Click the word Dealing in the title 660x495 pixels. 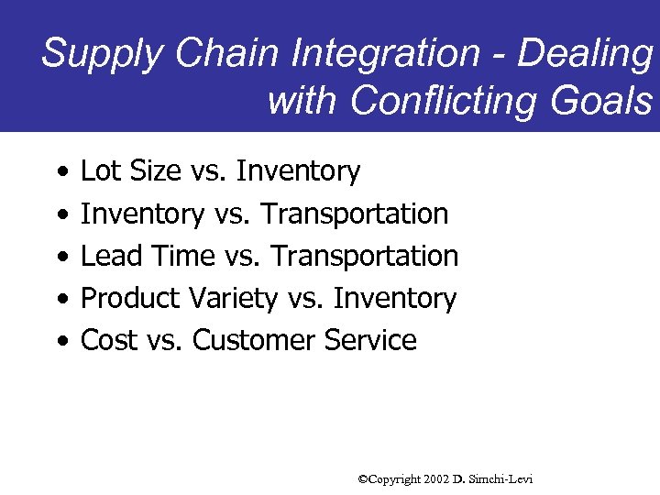[585, 53]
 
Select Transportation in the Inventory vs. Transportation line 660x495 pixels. [355, 214]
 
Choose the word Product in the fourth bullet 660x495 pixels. [130, 298]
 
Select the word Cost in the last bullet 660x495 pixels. [108, 340]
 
